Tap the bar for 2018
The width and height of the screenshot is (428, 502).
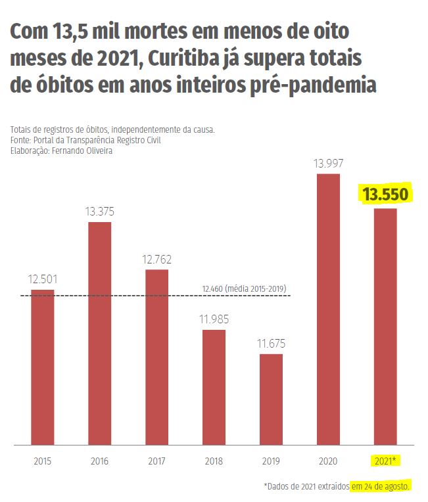click(x=214, y=387)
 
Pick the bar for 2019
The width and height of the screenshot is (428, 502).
click(x=271, y=399)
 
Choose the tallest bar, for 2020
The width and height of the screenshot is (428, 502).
click(x=328, y=309)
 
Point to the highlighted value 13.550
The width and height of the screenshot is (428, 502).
click(x=386, y=194)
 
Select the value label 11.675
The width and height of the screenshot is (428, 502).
click(x=271, y=343)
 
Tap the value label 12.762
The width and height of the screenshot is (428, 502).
click(x=156, y=260)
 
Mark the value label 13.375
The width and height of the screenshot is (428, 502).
click(x=99, y=212)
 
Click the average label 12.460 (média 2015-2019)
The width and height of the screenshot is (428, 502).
click(x=244, y=288)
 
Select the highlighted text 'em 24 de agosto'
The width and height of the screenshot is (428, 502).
click(x=381, y=486)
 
